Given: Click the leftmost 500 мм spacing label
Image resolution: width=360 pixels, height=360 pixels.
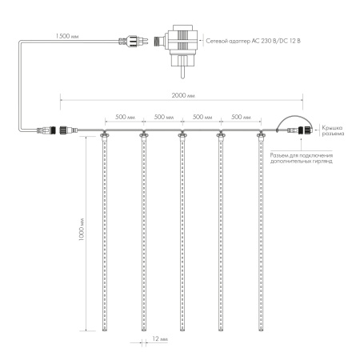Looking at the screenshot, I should pyautogui.click(x=123, y=118).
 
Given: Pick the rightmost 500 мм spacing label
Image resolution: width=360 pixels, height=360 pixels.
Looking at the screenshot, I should pyautogui.click(x=242, y=118).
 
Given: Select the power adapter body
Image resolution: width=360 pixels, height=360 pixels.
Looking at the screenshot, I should pyautogui.click(x=180, y=43).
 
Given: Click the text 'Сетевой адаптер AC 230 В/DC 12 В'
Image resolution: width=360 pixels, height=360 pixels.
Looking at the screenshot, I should pyautogui.click(x=255, y=38).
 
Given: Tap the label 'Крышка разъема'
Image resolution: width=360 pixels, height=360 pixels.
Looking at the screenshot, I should pyautogui.click(x=333, y=131).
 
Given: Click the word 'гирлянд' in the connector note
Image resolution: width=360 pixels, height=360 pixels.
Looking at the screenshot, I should pyautogui.click(x=322, y=161).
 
